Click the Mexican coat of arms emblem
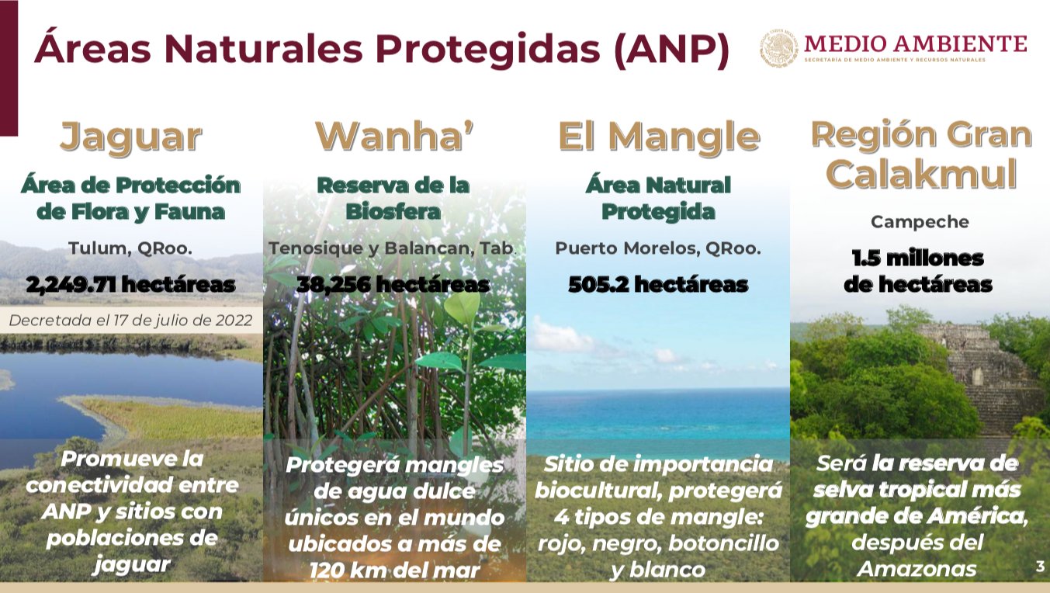coord(778,47)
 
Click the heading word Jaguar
coord(131,137)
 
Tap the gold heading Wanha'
coord(395,136)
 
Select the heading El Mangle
coord(659,137)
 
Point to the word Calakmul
coord(920,173)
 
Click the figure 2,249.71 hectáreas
coord(131,284)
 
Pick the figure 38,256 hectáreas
coord(393,284)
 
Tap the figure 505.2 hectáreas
coord(658,284)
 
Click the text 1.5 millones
coord(918,258)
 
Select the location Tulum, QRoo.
coord(130,248)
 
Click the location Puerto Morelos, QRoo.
coord(658,248)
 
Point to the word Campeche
coord(920,222)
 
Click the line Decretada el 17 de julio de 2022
coord(130,320)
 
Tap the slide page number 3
coord(1040,567)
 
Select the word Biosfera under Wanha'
coord(393,211)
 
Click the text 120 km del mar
coord(395,570)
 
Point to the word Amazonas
coord(917,569)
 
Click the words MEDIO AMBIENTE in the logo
coord(916,43)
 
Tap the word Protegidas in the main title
coord(488,49)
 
